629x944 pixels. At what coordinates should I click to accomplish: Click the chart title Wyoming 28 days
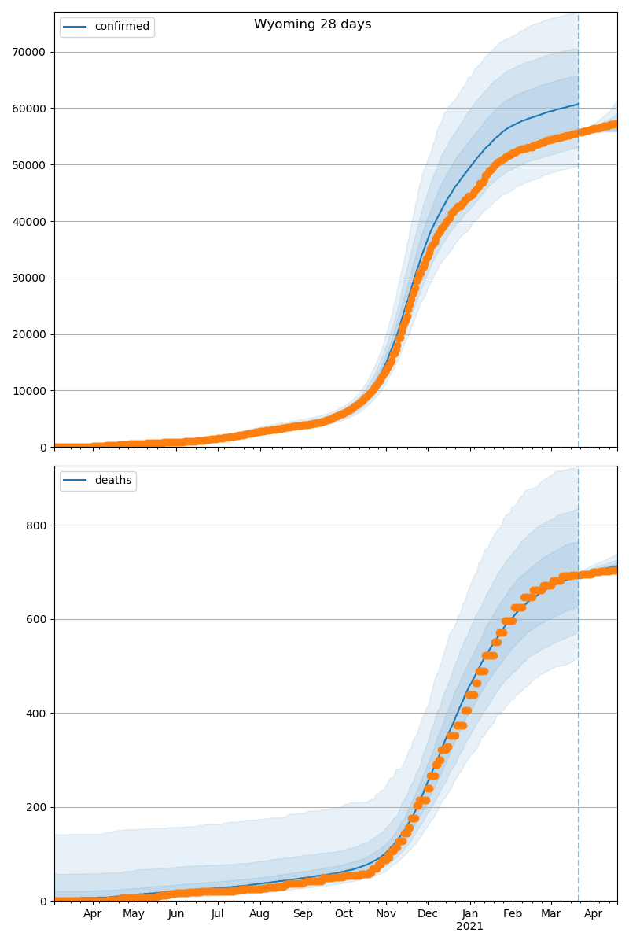pos(312,24)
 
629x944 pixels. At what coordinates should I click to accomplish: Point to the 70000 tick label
pos(28,52)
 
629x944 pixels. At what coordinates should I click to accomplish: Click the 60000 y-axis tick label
pos(28,109)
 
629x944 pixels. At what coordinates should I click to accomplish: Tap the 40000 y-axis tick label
pos(28,221)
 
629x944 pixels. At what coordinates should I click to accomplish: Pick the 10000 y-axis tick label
pos(28,391)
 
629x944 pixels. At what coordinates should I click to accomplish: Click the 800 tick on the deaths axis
pos(35,525)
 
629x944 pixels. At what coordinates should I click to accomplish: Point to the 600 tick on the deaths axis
pos(35,619)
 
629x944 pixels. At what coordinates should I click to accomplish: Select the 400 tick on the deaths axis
pos(35,714)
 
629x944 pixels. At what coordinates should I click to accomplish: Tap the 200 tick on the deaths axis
pos(35,807)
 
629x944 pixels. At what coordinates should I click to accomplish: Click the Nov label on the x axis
pos(386,914)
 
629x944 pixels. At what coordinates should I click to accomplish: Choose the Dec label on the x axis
pos(428,914)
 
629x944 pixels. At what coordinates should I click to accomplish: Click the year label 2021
pos(469,927)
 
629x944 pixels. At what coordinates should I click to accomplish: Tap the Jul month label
pos(218,914)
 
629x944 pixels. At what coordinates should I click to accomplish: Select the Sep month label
pos(303,914)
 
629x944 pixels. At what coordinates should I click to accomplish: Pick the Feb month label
pos(513,914)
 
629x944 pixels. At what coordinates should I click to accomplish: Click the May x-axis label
pos(134,914)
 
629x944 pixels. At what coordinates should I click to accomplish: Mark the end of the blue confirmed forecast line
pos(579,103)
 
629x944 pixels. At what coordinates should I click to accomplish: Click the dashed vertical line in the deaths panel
pos(579,708)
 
